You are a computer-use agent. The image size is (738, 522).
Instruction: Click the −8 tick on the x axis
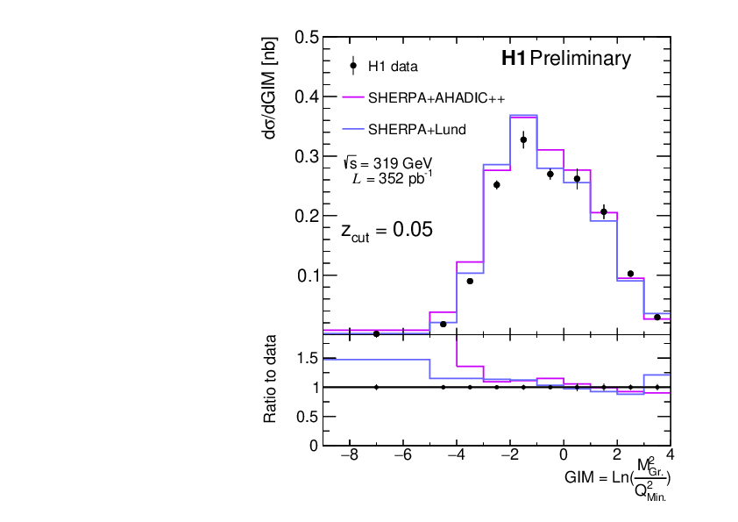[x=349, y=456]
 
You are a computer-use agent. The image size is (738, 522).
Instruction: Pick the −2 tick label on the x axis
[x=509, y=456]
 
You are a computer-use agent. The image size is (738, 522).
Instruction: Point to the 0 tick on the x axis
[x=564, y=456]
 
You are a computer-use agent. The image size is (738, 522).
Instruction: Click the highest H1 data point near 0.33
[x=523, y=140]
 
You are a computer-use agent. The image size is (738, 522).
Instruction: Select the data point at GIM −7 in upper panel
[x=376, y=333]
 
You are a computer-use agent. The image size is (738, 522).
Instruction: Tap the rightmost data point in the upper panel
[x=657, y=317]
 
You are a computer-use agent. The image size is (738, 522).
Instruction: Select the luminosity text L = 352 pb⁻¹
[x=392, y=179]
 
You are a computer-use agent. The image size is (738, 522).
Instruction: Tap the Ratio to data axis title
[x=272, y=379]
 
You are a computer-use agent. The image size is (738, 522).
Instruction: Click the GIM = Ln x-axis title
[x=619, y=477]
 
